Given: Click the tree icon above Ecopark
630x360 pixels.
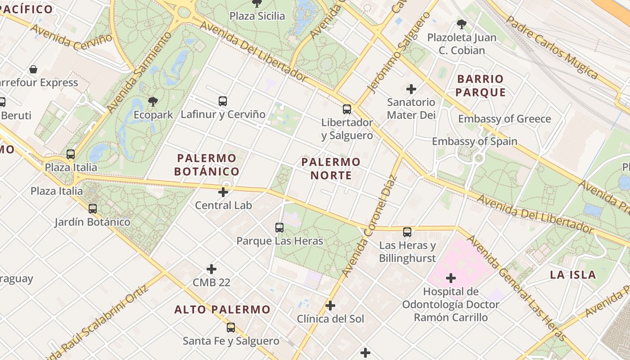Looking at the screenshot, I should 153,101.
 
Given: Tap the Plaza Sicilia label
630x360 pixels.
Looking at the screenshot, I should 257,16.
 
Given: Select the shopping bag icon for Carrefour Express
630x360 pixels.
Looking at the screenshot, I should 33,69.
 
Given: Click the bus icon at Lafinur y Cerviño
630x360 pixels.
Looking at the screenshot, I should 223,101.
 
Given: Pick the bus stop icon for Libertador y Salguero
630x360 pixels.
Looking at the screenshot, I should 346,109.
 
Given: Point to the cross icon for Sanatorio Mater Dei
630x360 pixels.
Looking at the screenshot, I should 411,89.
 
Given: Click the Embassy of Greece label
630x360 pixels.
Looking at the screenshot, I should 504,119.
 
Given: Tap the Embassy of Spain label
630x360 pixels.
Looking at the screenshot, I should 474,141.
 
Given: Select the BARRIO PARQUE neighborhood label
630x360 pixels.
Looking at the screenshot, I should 480,85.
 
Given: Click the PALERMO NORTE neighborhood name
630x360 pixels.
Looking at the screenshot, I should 331,168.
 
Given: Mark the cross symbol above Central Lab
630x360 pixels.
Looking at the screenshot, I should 223,193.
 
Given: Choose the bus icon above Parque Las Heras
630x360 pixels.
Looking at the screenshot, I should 279,228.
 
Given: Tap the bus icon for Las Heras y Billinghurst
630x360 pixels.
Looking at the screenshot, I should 407,232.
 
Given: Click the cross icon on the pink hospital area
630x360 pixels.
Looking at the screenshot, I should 450,278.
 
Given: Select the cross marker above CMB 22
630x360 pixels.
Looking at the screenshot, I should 211,269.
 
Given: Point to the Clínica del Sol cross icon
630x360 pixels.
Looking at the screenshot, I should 330,306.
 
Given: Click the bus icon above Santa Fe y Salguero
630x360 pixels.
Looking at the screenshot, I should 231,328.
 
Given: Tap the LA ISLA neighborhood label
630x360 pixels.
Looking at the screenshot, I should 573,274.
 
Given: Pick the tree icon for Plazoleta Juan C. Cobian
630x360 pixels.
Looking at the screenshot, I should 461,24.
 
